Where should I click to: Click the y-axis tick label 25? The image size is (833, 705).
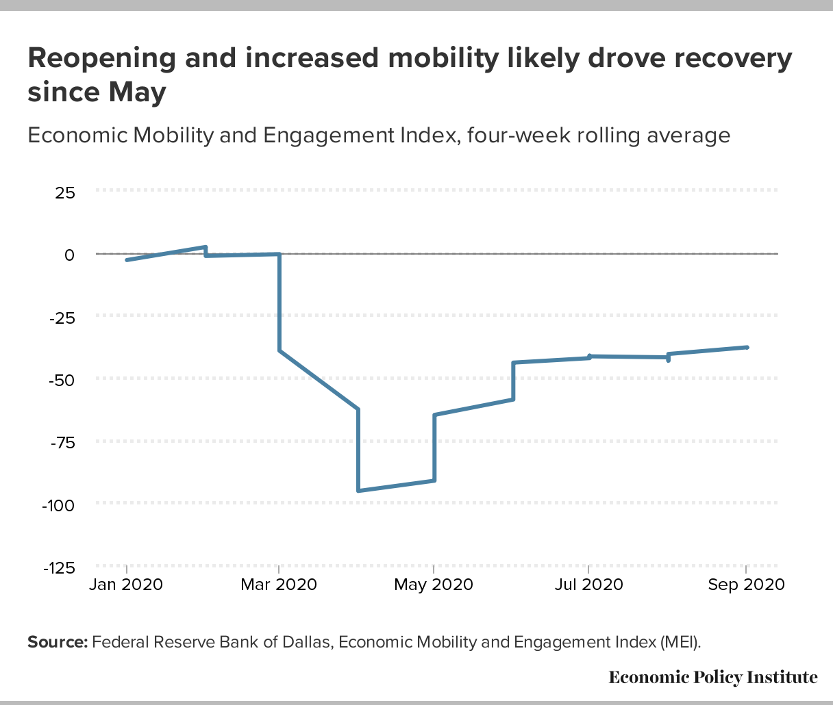65,192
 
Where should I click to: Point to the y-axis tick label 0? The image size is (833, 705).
69,255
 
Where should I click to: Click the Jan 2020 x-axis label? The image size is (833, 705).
127,585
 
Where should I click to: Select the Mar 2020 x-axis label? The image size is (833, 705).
279,585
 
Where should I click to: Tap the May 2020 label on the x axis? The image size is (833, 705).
434,585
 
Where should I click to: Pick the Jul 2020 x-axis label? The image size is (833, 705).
589,585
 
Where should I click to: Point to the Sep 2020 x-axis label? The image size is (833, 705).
746,585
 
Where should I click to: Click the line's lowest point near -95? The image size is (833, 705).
358,491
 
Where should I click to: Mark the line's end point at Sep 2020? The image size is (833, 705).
747,348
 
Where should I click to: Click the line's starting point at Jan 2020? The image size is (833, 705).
127,260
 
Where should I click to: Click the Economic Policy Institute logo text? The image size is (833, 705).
713,678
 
